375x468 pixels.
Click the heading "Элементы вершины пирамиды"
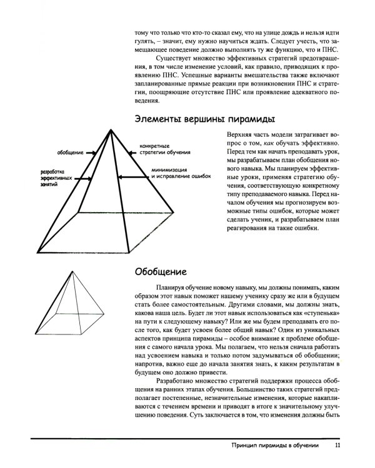click(x=206, y=119)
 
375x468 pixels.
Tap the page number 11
click(x=337, y=446)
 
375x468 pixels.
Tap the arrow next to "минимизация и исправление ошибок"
click(x=134, y=177)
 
